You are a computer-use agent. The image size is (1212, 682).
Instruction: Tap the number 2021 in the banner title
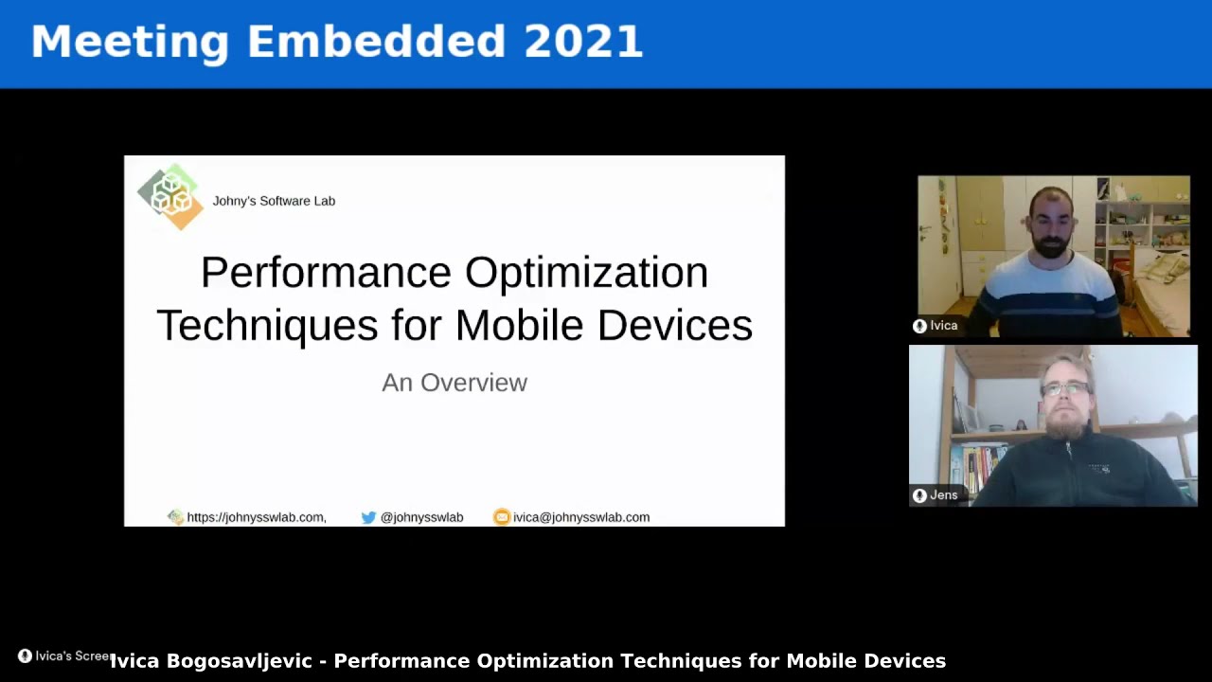pos(583,43)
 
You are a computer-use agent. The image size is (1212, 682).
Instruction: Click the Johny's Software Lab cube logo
pos(170,196)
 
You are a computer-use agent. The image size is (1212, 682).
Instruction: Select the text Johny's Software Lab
pos(274,201)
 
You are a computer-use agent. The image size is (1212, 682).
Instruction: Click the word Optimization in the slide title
pos(586,273)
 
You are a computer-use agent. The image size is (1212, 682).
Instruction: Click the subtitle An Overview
pos(454,383)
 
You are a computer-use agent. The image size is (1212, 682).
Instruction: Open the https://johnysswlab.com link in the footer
pos(256,517)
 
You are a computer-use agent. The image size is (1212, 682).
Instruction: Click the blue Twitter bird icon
pos(368,517)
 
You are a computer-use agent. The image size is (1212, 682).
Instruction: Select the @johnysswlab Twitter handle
pos(421,517)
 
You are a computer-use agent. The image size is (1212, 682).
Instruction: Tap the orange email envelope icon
pos(502,517)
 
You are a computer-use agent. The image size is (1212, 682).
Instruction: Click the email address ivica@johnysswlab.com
pos(580,517)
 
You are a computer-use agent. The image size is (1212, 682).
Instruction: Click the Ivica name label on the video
pos(943,326)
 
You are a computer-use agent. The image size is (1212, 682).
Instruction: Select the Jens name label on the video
pos(943,495)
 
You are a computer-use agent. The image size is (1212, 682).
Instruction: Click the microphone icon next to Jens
pos(919,495)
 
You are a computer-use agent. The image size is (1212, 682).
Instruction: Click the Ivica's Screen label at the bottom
pos(72,656)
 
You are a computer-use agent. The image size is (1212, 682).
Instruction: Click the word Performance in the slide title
pos(326,273)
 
